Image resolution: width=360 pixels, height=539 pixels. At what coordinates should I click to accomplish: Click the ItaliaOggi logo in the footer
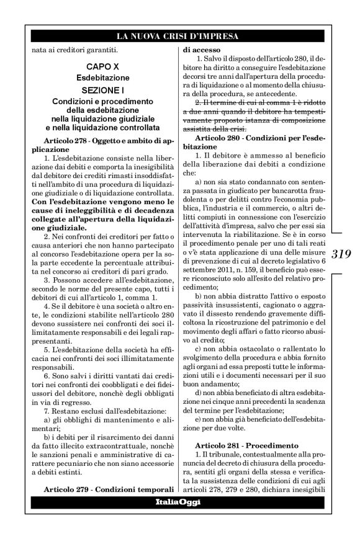(180, 501)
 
